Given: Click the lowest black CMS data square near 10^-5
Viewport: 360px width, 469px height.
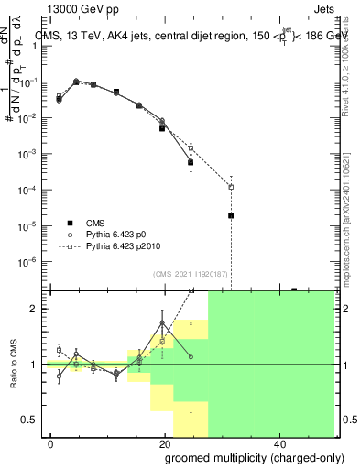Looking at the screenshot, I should [x=231, y=215].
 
